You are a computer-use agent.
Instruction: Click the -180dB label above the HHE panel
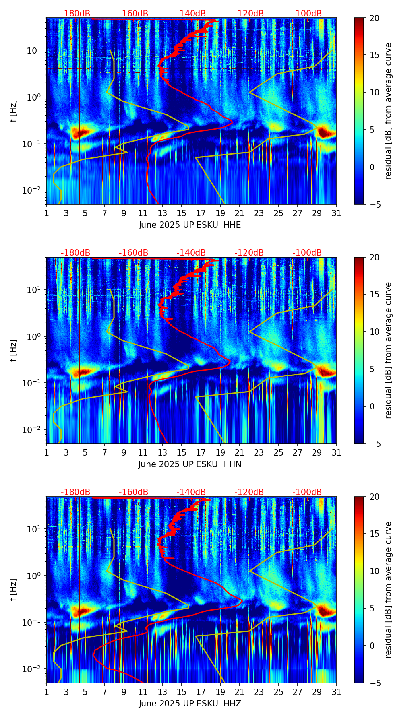coord(75,14)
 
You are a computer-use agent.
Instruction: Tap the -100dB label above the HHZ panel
coord(307,492)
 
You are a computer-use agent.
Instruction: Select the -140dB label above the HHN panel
coord(191,253)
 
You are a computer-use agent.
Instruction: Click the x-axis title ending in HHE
coord(190,225)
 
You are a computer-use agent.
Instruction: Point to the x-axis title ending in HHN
coord(190,464)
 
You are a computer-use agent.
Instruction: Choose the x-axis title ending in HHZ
coord(190,704)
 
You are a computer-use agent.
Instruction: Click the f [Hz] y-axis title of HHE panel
coord(14,111)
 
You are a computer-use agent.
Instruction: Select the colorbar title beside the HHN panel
coord(389,350)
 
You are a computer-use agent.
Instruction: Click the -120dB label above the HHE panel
coord(249,14)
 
